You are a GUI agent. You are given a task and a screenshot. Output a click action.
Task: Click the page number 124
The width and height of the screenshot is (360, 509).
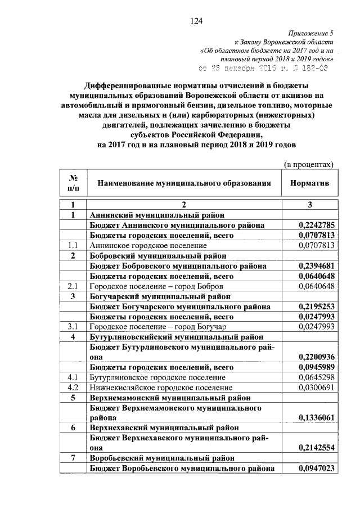(x=196, y=21)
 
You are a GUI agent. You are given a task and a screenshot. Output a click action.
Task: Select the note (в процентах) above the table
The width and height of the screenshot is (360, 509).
(x=308, y=164)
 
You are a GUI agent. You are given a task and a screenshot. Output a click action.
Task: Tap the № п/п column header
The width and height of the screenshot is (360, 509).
(x=73, y=182)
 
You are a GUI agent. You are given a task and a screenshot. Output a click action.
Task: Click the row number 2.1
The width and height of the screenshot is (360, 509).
(x=73, y=286)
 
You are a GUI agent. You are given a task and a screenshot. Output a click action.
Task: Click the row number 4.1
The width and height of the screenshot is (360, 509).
(x=73, y=377)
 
